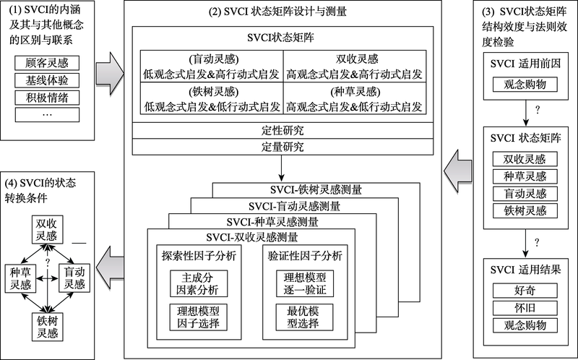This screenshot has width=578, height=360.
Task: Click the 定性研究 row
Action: click(281, 132)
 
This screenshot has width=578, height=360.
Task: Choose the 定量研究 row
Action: click(281, 147)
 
